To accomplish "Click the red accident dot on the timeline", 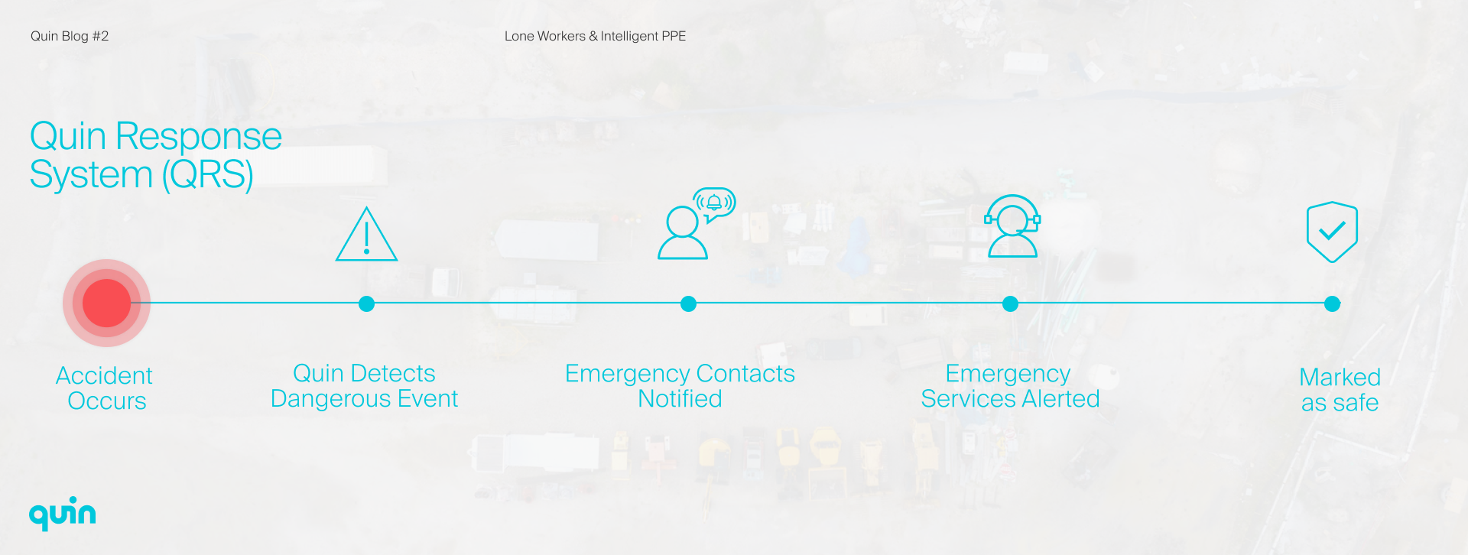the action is (106, 303).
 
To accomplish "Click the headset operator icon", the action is (1012, 226).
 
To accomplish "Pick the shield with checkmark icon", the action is (1332, 232).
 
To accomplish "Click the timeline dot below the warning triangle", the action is (367, 304).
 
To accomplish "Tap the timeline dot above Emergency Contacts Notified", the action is (689, 304).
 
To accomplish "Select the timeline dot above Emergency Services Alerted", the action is (1011, 304).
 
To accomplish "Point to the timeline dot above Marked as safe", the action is (1333, 304).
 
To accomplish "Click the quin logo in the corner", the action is (63, 513).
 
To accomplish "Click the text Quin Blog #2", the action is (70, 36).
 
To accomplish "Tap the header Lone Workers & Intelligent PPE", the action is (595, 36).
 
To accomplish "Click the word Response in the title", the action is (198, 137).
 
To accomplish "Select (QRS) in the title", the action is (207, 175).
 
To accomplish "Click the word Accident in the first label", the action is (104, 376).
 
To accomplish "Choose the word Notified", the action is (680, 399).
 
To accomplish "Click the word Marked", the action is (1340, 378).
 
